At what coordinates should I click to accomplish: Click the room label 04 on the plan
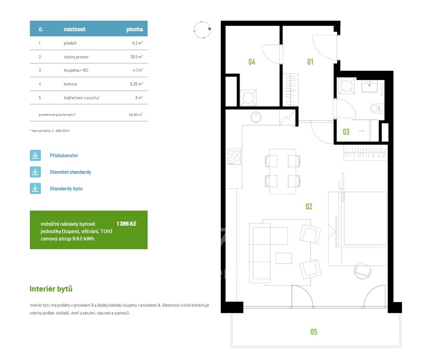[252, 62]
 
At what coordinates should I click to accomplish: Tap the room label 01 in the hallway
[310, 62]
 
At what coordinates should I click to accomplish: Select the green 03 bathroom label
[346, 132]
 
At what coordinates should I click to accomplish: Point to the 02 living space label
[309, 206]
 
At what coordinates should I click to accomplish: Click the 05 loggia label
[314, 331]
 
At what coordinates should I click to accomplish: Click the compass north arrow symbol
[202, 29]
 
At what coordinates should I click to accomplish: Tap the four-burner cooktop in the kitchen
[234, 156]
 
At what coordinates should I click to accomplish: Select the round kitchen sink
[256, 117]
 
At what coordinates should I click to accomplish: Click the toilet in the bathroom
[377, 109]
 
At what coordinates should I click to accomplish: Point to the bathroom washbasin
[369, 86]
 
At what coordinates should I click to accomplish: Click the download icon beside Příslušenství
[35, 155]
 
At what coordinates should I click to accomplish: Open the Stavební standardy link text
[70, 172]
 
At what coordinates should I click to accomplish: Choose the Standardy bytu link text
[66, 189]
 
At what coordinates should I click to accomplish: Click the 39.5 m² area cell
[137, 57]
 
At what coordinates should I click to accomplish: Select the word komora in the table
[70, 84]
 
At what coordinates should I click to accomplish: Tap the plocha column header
[135, 29]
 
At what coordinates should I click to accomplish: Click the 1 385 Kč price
[126, 224]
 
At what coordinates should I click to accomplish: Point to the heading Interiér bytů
[51, 289]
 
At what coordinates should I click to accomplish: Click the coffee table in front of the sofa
[284, 258]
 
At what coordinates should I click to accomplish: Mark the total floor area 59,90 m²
[136, 114]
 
